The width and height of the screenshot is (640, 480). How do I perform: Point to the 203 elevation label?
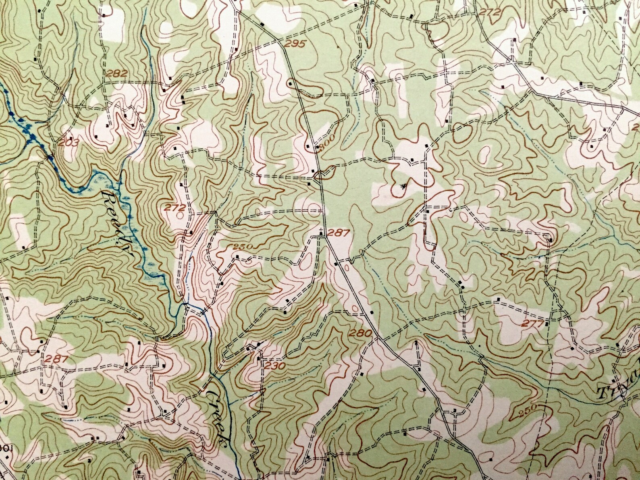click(x=68, y=142)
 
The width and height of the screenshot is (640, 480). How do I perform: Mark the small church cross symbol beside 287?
click(x=321, y=231)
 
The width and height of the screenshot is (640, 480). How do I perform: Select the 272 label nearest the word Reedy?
click(x=175, y=208)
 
